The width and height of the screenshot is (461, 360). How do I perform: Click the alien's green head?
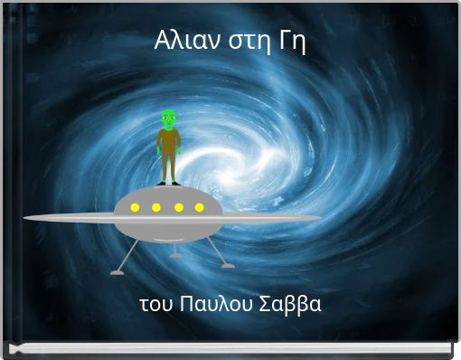pos(168,117)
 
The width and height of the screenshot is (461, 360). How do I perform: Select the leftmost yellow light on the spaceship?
pos(135,208)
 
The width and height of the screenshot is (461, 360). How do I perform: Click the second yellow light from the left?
pos(156,208)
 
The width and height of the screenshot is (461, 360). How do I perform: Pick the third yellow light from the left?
pos(178,208)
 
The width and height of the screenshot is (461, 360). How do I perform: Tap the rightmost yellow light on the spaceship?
pos(199,208)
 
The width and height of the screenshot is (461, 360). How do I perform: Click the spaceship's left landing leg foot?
pos(118,270)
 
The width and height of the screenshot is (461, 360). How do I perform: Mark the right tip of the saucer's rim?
pos(318,218)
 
